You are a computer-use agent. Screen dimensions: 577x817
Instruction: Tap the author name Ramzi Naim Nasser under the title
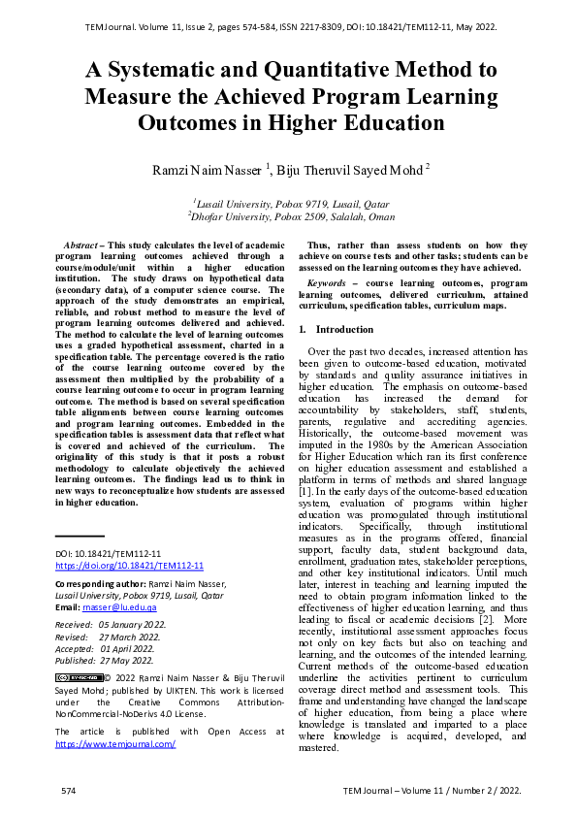point(205,170)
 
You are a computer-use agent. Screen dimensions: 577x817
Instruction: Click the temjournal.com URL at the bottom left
point(115,743)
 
